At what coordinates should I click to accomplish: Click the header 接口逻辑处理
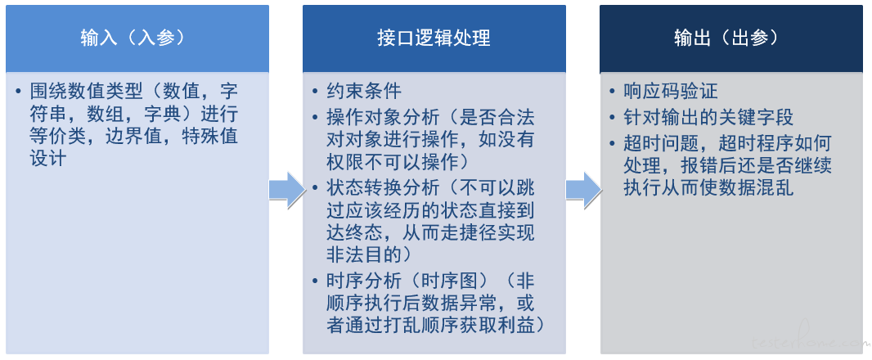coord(434,38)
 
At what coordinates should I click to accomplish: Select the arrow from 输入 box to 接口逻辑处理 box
coord(287,191)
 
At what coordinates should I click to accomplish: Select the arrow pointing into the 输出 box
coord(584,191)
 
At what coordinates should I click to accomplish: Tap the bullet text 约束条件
coord(364,92)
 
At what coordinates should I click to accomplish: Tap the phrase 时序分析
coord(364,281)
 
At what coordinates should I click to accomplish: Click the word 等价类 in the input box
coord(58,137)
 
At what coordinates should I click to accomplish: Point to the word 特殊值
coord(210,137)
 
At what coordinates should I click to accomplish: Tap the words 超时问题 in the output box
coord(661,144)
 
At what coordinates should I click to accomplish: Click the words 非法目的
coord(364,254)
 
